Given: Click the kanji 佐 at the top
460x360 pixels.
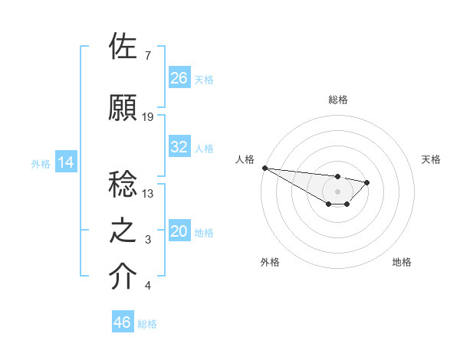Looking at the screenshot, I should point(123,47).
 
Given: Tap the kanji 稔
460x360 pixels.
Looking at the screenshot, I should point(123,185).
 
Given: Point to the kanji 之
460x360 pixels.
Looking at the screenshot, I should point(123,231).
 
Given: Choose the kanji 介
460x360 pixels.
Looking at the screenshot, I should point(123,276).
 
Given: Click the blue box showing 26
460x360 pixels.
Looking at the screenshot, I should point(179,78).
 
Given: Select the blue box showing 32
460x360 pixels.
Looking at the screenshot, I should point(179,147).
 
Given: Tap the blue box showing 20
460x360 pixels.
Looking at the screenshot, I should point(179,232).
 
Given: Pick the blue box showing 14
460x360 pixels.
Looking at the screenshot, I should point(66,162).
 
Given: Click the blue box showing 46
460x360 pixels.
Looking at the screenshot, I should point(123,322).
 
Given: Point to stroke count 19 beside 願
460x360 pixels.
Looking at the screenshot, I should point(148,117).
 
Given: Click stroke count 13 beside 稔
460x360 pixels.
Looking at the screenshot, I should point(148,194).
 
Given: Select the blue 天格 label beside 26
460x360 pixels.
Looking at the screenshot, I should point(204,79).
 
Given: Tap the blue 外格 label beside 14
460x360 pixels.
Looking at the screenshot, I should point(41,163).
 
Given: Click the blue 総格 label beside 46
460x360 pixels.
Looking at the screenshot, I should point(147,323).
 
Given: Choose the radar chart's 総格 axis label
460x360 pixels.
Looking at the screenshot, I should point(337,100).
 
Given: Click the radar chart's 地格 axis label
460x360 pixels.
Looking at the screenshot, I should point(402,262).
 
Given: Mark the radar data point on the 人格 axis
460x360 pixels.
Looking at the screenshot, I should point(264,168).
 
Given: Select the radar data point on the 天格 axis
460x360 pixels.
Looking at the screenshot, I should point(367,182).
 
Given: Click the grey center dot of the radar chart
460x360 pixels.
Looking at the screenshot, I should point(337,191).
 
